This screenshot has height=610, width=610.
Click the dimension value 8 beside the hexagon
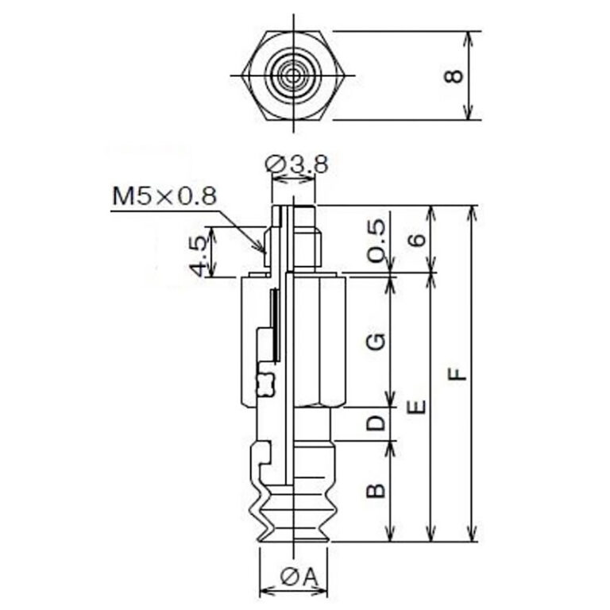click(454, 76)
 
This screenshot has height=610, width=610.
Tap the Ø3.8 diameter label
click(297, 164)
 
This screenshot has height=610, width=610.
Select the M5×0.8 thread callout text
click(164, 196)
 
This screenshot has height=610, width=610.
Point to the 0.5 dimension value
click(376, 241)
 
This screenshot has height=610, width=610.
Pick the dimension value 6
click(417, 240)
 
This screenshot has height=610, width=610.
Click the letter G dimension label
click(376, 342)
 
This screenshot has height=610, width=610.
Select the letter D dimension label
click(376, 423)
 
